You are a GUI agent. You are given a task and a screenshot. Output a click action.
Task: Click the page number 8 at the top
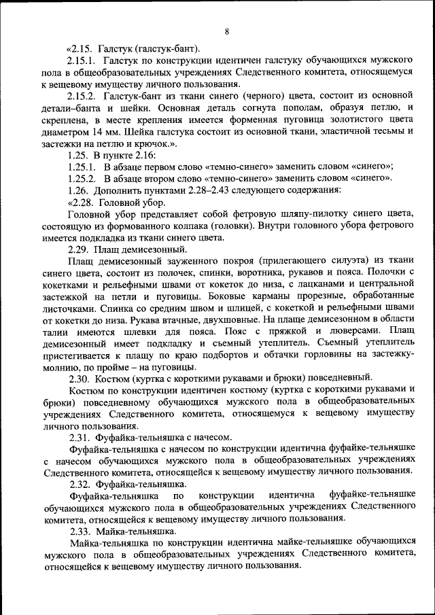227,32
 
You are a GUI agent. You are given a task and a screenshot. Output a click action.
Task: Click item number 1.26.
79,190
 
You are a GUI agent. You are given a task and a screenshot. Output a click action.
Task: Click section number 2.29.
79,250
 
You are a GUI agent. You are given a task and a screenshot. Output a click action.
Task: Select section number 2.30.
79,378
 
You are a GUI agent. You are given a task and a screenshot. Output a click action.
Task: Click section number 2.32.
79,484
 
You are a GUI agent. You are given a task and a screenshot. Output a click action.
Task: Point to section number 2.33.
79,531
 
